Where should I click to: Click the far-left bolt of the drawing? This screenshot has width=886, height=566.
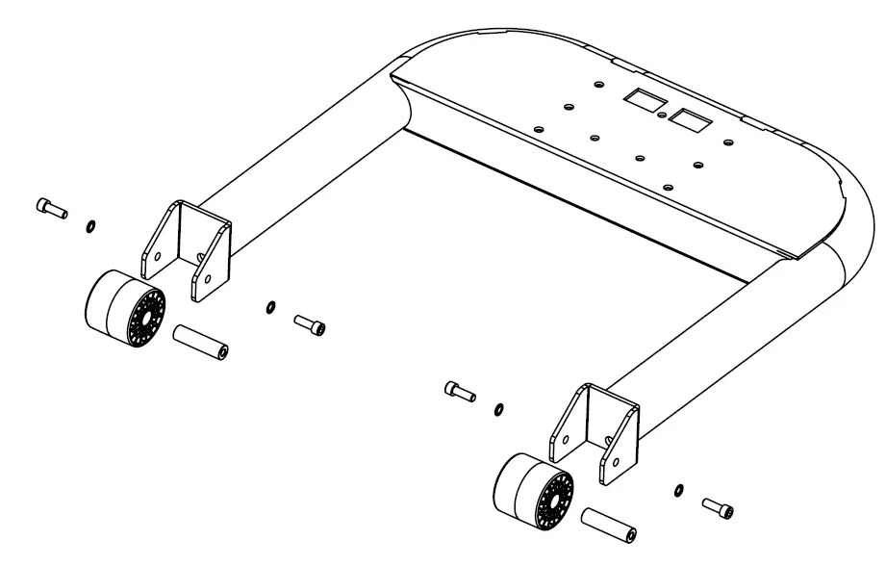(x=50, y=206)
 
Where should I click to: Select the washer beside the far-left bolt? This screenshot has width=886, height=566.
(x=89, y=226)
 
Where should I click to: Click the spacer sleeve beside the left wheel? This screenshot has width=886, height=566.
(x=198, y=343)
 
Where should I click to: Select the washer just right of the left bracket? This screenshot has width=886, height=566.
(x=270, y=308)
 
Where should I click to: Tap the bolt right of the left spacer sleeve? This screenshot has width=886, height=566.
(x=310, y=325)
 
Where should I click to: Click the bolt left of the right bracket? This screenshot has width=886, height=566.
(x=460, y=391)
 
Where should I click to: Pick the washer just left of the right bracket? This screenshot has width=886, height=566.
(x=498, y=410)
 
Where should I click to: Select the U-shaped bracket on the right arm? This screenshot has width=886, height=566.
(x=593, y=432)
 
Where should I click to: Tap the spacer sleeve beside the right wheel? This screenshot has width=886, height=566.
(x=606, y=526)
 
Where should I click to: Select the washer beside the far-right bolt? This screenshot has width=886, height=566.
(x=679, y=491)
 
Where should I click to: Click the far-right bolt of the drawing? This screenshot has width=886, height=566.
(x=718, y=505)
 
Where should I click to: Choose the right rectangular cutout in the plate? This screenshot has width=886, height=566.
(x=687, y=120)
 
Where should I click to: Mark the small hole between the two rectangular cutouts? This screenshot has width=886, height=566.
(x=663, y=114)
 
